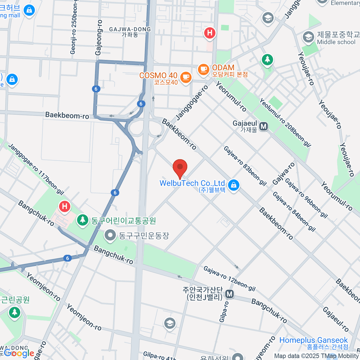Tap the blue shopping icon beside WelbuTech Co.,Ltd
234,185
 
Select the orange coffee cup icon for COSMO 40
186,77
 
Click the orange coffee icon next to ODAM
203,70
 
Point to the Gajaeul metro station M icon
263,127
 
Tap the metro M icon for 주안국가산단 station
229,294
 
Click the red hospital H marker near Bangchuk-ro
64,206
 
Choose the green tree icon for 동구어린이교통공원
82,220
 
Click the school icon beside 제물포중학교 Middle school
308,37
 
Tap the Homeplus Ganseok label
313,340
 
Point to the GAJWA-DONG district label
130,29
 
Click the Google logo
19,353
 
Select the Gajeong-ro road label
99,37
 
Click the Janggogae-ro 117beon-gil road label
36,169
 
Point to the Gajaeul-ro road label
336,319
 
